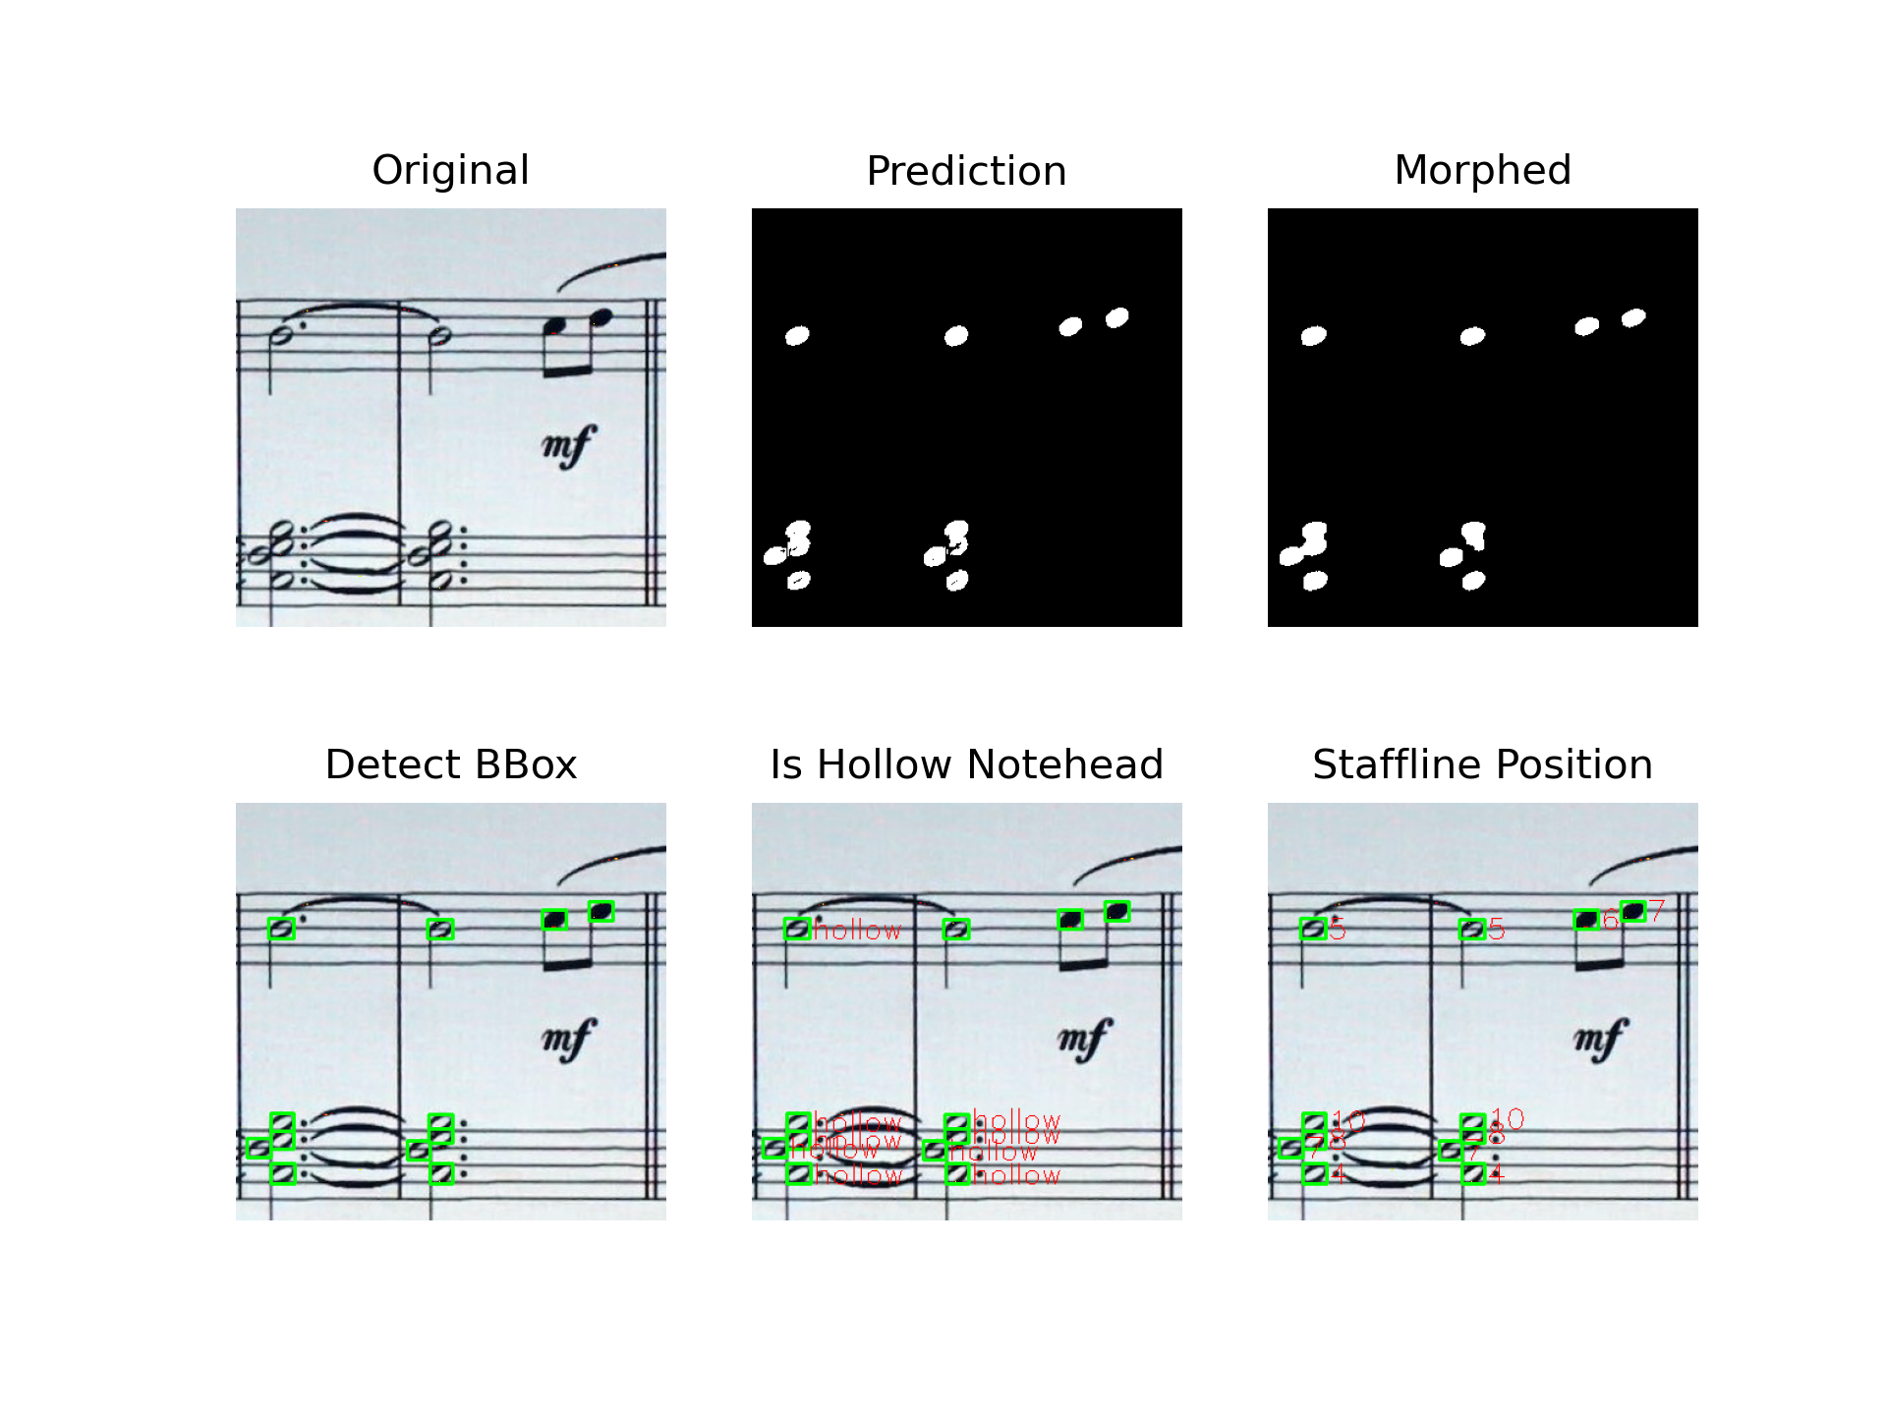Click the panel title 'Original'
pos(450,170)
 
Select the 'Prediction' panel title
pos(966,171)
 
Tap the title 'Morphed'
pos(1482,170)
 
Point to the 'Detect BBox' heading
pos(450,764)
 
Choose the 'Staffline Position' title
pos(1482,764)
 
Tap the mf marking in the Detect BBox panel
pos(569,1040)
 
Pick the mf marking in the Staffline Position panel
pos(1601,1040)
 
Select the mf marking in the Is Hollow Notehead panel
pos(1085,1040)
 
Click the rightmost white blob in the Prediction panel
pos(1117,317)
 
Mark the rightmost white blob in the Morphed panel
pos(1633,317)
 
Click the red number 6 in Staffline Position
pos(1610,921)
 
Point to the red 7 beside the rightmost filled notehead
pos(1657,911)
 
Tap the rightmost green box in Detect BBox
pos(601,912)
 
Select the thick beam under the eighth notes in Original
pos(568,370)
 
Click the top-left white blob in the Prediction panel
pos(797,336)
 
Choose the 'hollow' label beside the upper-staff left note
pos(857,930)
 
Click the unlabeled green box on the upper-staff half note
pos(956,929)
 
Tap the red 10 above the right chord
pos(1508,1118)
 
